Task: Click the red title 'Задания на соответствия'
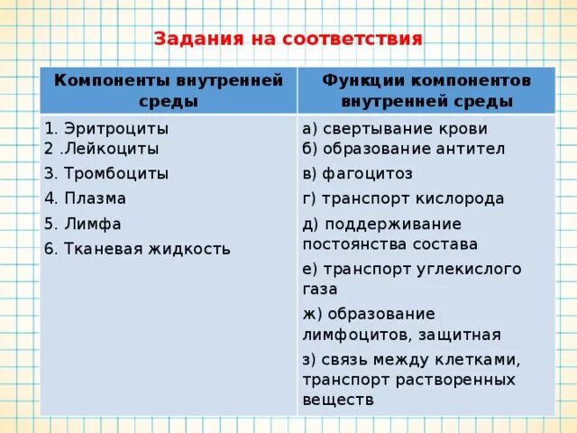coord(288,40)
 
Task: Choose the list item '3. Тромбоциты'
coord(106,173)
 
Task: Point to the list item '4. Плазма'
coord(86,198)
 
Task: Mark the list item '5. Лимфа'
coord(83,224)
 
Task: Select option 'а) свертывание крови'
coord(395,128)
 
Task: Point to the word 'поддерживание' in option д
coord(392,224)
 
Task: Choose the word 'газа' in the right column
coord(320,289)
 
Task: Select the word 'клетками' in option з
coord(487,359)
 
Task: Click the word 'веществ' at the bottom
coord(337,399)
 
